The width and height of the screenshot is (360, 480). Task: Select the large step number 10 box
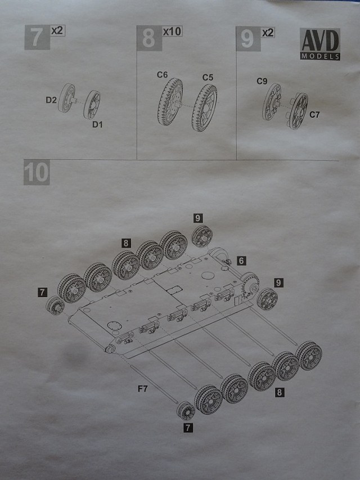tap(36, 173)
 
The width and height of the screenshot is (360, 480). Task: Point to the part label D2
tap(51, 100)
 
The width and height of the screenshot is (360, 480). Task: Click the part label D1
tap(98, 124)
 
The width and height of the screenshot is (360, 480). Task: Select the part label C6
tap(163, 74)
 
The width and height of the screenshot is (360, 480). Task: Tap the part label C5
tap(208, 77)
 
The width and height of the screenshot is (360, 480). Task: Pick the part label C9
tap(262, 82)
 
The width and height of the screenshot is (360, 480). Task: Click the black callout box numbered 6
tap(241, 261)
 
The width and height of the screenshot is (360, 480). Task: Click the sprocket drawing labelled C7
tap(298, 110)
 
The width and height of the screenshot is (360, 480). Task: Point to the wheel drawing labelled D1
tap(92, 104)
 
